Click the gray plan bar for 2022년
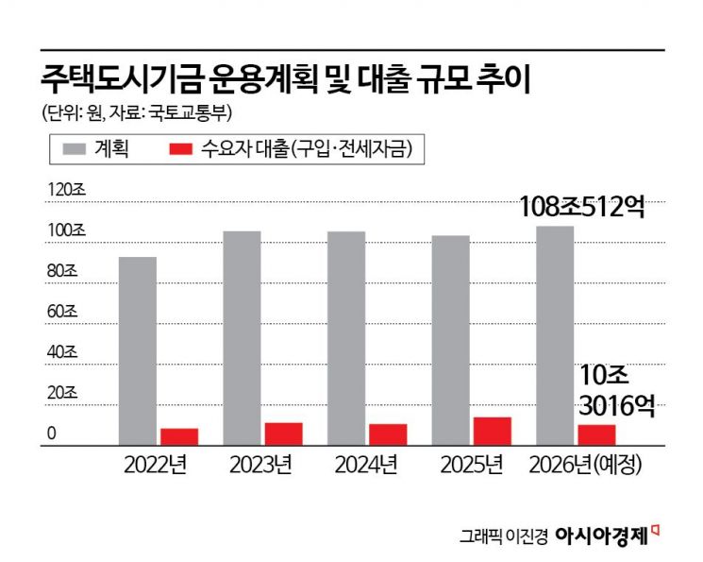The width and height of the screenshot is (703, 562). tap(138, 350)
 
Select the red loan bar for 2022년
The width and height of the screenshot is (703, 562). tap(179, 436)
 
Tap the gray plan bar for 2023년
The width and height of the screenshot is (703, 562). tap(242, 337)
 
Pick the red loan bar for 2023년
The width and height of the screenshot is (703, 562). tap(283, 434)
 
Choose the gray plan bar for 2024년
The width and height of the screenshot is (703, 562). tap(346, 337)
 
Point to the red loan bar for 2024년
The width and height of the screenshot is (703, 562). tap(388, 434)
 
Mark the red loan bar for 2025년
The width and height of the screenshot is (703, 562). tap(492, 431)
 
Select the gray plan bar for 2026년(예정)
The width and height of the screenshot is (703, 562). tap(554, 335)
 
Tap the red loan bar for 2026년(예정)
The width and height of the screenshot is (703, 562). tap(596, 434)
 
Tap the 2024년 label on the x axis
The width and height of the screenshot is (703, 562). tap(364, 466)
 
